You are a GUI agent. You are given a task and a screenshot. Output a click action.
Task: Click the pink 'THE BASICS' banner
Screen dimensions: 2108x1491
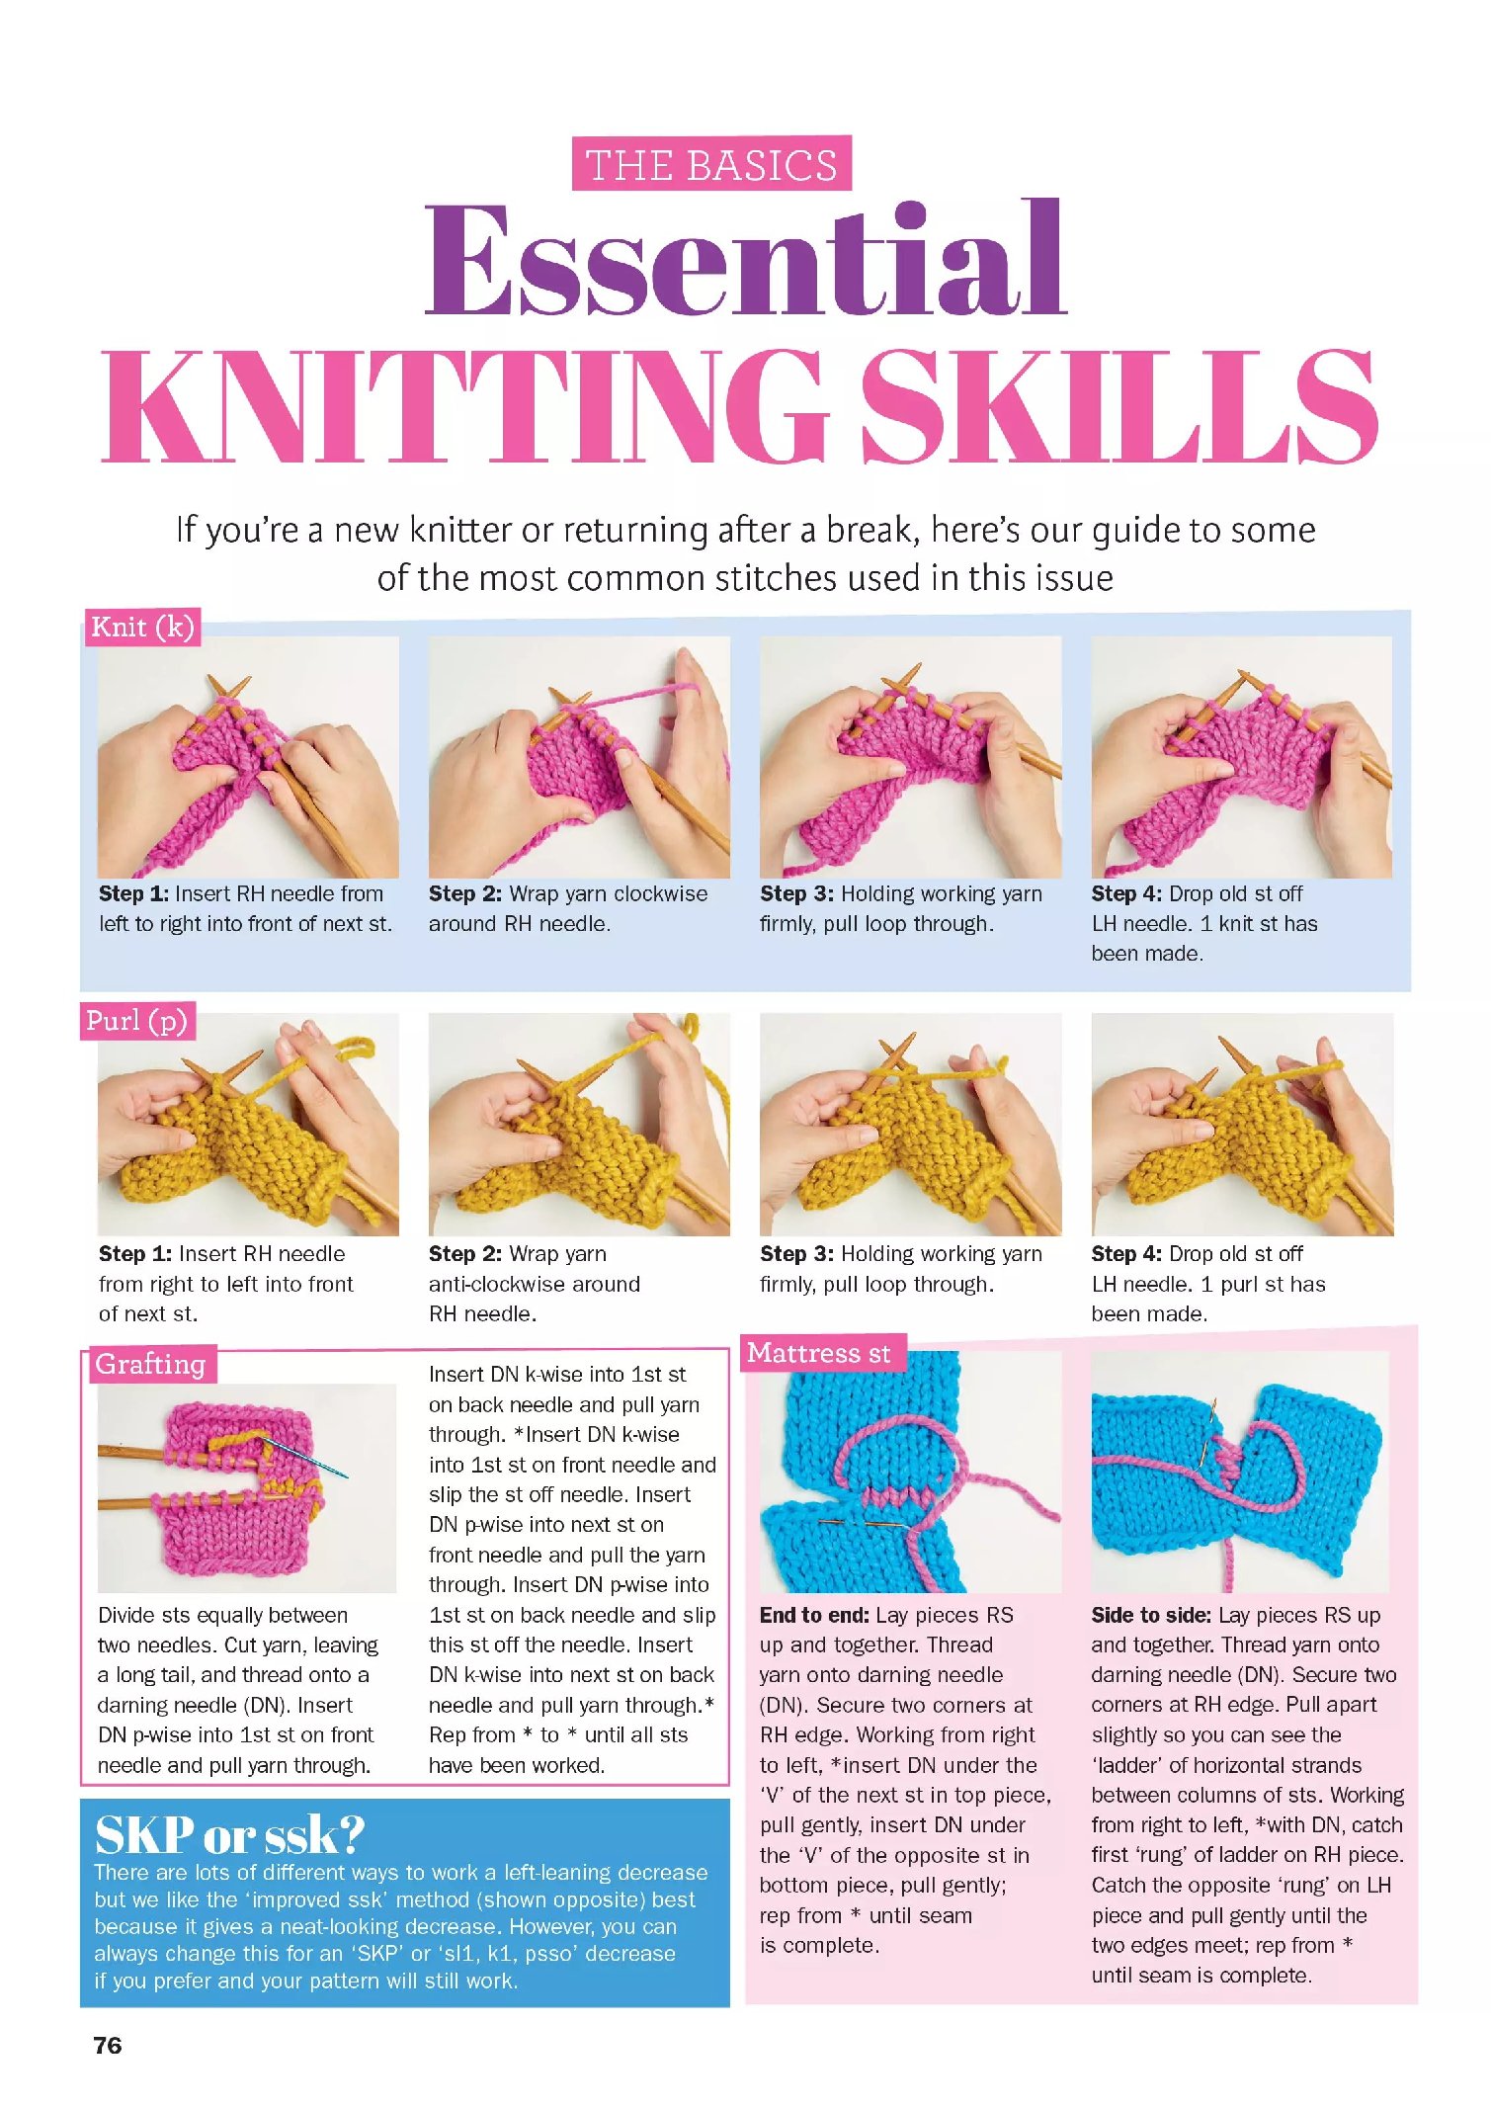coord(711,164)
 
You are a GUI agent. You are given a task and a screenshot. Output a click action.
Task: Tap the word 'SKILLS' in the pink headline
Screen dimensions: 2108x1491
coord(1118,407)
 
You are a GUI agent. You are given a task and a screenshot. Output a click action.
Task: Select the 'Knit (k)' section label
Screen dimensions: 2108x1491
coord(142,627)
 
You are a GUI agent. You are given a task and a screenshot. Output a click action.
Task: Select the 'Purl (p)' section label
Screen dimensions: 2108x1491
coord(136,1020)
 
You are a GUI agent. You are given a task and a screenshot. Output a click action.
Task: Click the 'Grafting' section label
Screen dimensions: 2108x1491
coord(150,1364)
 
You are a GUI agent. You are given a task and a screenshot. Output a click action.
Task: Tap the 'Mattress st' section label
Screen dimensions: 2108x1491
coord(819,1352)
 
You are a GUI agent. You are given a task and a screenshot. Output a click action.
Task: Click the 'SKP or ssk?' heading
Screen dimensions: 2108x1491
coord(229,1835)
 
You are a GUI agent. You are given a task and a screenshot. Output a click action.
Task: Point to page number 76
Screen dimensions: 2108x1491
coord(108,2045)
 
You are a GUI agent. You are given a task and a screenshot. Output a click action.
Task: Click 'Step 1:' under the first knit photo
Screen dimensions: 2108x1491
coord(133,893)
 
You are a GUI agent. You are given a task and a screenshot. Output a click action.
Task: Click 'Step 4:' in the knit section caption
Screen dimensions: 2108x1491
coord(1126,893)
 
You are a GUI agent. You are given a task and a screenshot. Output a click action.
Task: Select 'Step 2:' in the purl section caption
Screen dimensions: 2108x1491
coord(464,1253)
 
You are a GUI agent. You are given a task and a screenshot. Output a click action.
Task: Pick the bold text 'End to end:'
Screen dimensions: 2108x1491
coord(814,1615)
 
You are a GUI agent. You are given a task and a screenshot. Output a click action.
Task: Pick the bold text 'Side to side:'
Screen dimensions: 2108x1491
coord(1150,1615)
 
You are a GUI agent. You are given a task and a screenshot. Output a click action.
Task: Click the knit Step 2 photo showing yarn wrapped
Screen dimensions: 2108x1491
coord(579,757)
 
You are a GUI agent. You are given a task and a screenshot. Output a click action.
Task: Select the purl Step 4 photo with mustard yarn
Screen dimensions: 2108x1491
coord(1242,1124)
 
